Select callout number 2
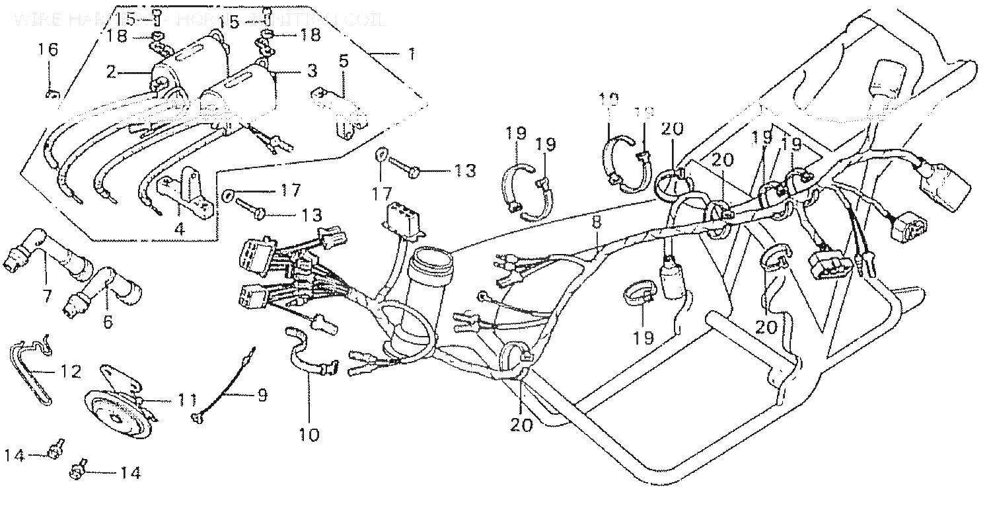point(111,71)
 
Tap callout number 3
point(311,70)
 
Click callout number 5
point(344,62)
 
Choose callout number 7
point(47,296)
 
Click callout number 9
point(262,396)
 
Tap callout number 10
point(309,435)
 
